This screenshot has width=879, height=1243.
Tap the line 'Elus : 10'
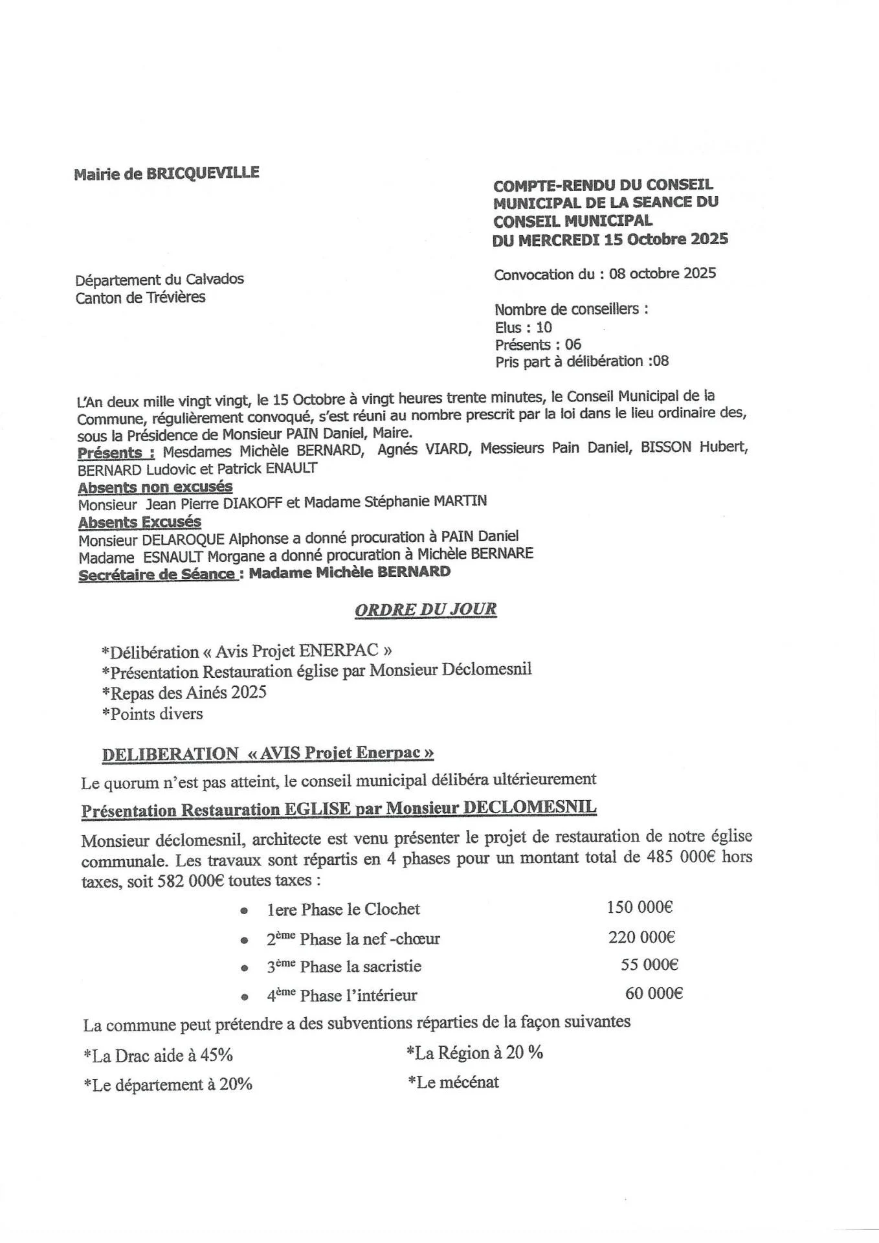pos(523,327)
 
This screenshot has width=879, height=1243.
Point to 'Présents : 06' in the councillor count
pos(538,344)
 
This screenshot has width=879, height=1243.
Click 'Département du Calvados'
pos(160,280)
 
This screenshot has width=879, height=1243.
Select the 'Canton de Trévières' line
pos(140,298)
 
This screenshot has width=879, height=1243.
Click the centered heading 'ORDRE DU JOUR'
pos(426,609)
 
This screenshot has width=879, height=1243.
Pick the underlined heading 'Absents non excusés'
pos(155,487)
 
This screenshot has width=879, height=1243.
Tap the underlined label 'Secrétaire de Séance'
pos(157,574)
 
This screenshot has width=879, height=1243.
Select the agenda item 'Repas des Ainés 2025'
pos(184,693)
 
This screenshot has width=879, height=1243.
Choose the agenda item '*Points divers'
pos(152,714)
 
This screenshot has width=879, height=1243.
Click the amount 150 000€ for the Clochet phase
pos(640,907)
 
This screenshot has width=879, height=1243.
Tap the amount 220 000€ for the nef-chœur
pos(641,937)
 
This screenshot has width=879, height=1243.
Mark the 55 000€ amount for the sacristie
pos(649,965)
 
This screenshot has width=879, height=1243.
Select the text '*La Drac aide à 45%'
pos(158,1056)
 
